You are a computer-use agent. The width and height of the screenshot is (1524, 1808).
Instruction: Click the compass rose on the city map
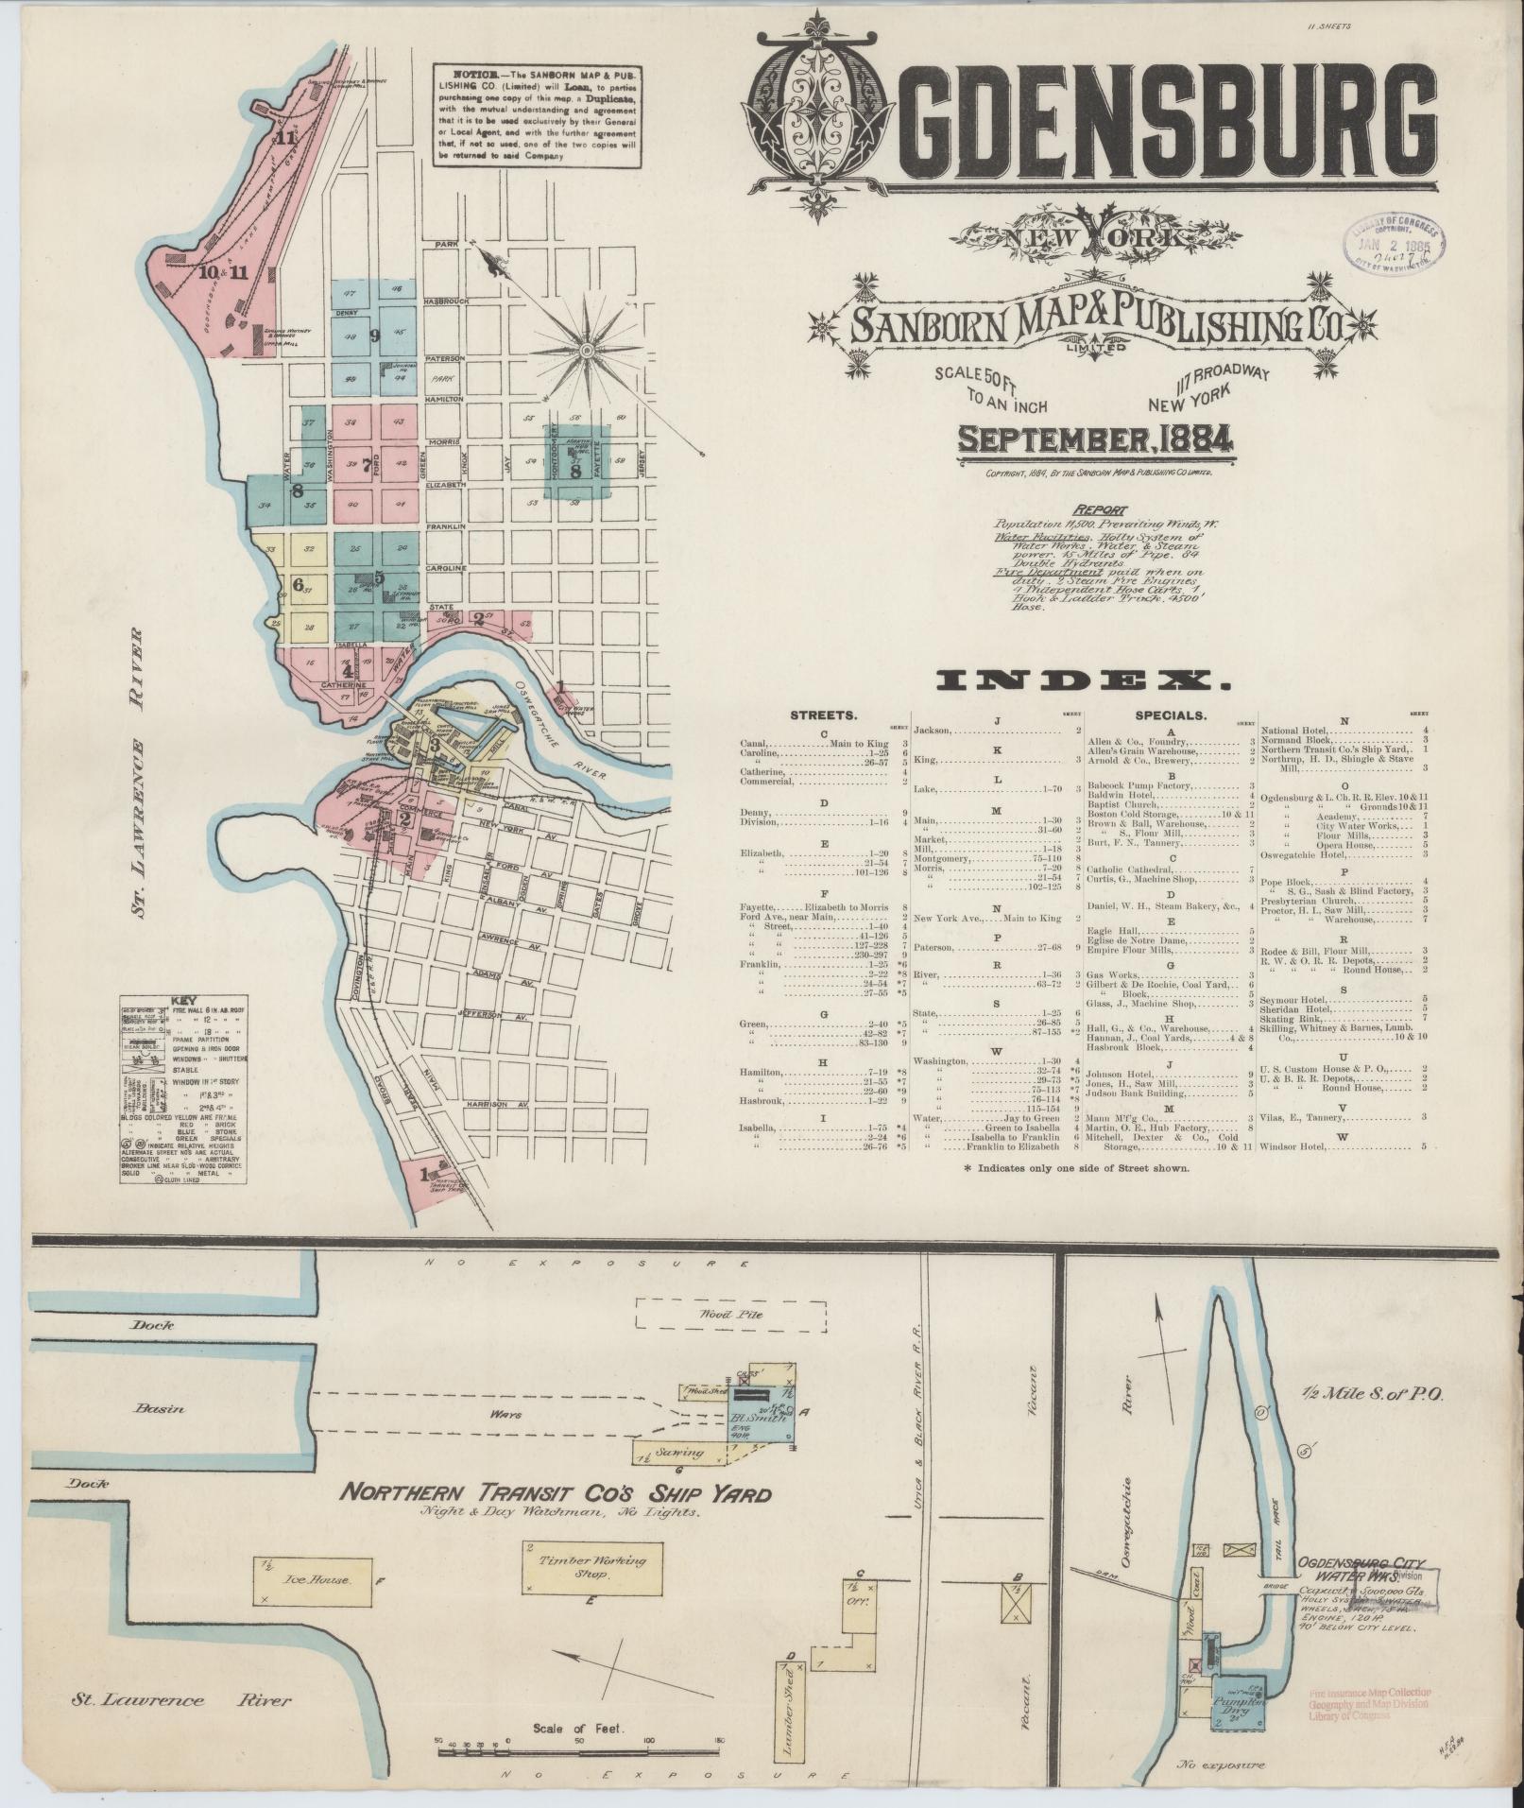(x=588, y=352)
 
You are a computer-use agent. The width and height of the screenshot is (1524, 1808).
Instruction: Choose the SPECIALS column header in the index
(x=1167, y=715)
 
